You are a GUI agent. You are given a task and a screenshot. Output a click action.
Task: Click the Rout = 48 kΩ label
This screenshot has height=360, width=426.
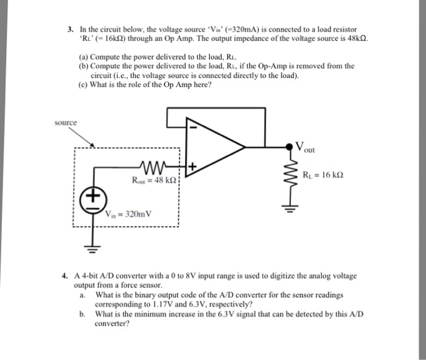click(x=153, y=180)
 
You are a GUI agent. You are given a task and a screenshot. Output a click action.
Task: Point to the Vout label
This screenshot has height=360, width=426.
click(x=307, y=147)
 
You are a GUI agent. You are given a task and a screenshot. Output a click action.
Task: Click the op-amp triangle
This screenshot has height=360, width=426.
click(x=213, y=146)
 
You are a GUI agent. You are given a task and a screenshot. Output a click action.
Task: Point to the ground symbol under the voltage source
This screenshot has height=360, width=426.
click(x=93, y=249)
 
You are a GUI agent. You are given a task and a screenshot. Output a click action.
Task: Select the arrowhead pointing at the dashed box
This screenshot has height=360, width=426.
click(x=93, y=146)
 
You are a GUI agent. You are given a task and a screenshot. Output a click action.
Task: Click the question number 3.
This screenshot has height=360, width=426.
click(x=71, y=29)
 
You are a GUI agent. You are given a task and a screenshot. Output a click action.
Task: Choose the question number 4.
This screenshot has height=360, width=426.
click(x=65, y=275)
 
